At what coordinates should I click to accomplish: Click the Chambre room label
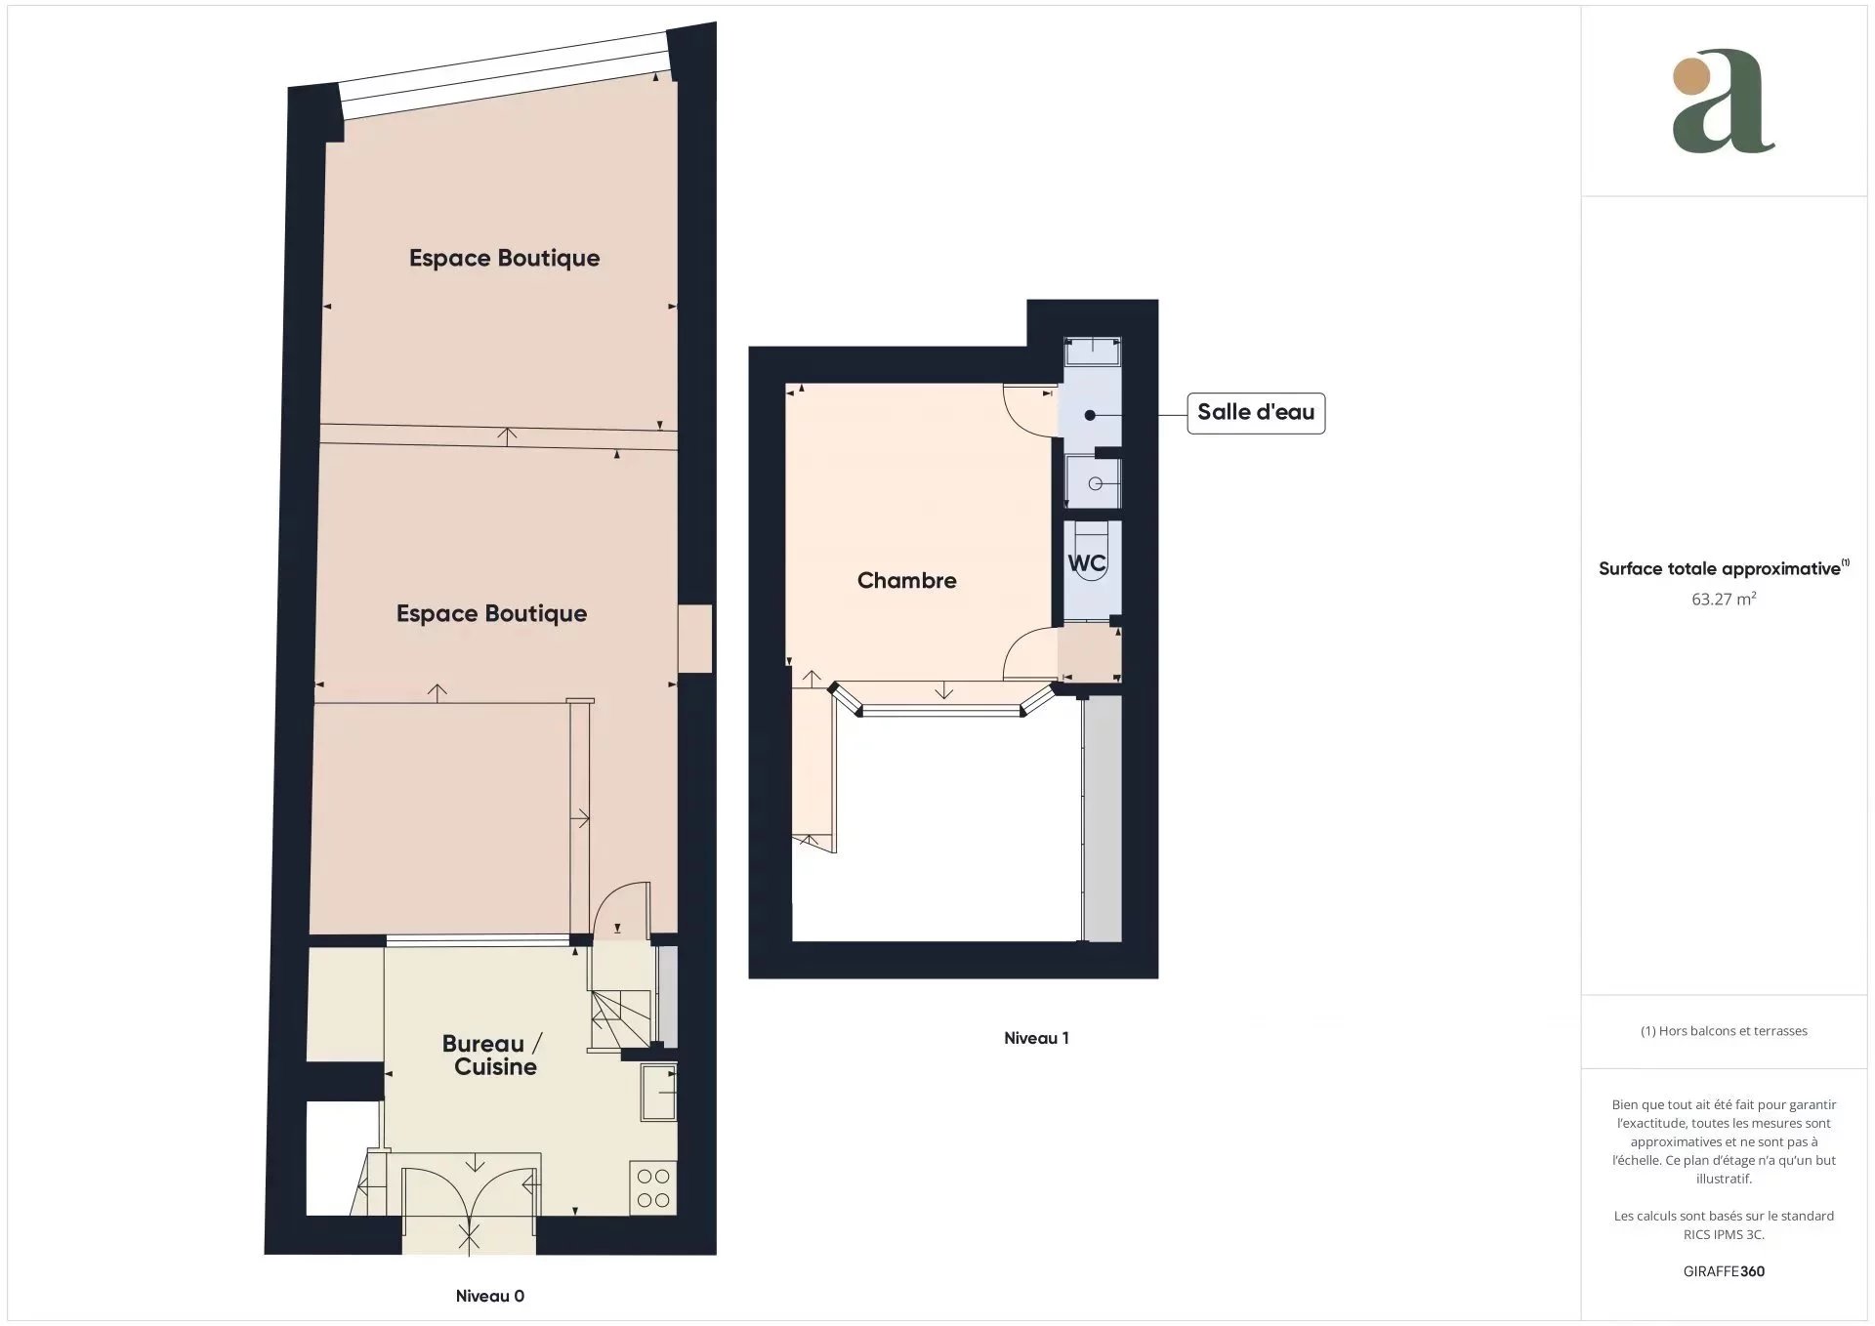(906, 580)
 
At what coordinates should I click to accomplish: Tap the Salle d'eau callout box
(1256, 413)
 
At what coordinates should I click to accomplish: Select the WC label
(1086, 563)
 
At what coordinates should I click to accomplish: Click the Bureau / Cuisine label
(493, 1056)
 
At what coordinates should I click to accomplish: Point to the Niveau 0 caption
(490, 1296)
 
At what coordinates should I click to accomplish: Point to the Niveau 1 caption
(1036, 1038)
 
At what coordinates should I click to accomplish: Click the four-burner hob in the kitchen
(653, 1187)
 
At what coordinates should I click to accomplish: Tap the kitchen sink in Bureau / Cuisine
(658, 1093)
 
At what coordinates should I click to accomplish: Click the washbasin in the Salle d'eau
(1093, 483)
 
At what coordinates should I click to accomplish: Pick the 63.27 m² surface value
(1724, 599)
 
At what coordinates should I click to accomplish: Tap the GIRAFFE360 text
(1724, 1271)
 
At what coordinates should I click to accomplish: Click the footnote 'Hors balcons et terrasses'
(1732, 1031)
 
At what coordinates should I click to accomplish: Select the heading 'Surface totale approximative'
(1720, 568)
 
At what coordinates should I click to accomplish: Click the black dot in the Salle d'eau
(1090, 415)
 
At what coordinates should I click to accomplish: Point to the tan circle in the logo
(1691, 77)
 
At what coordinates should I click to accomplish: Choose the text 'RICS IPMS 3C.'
(1724, 1234)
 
